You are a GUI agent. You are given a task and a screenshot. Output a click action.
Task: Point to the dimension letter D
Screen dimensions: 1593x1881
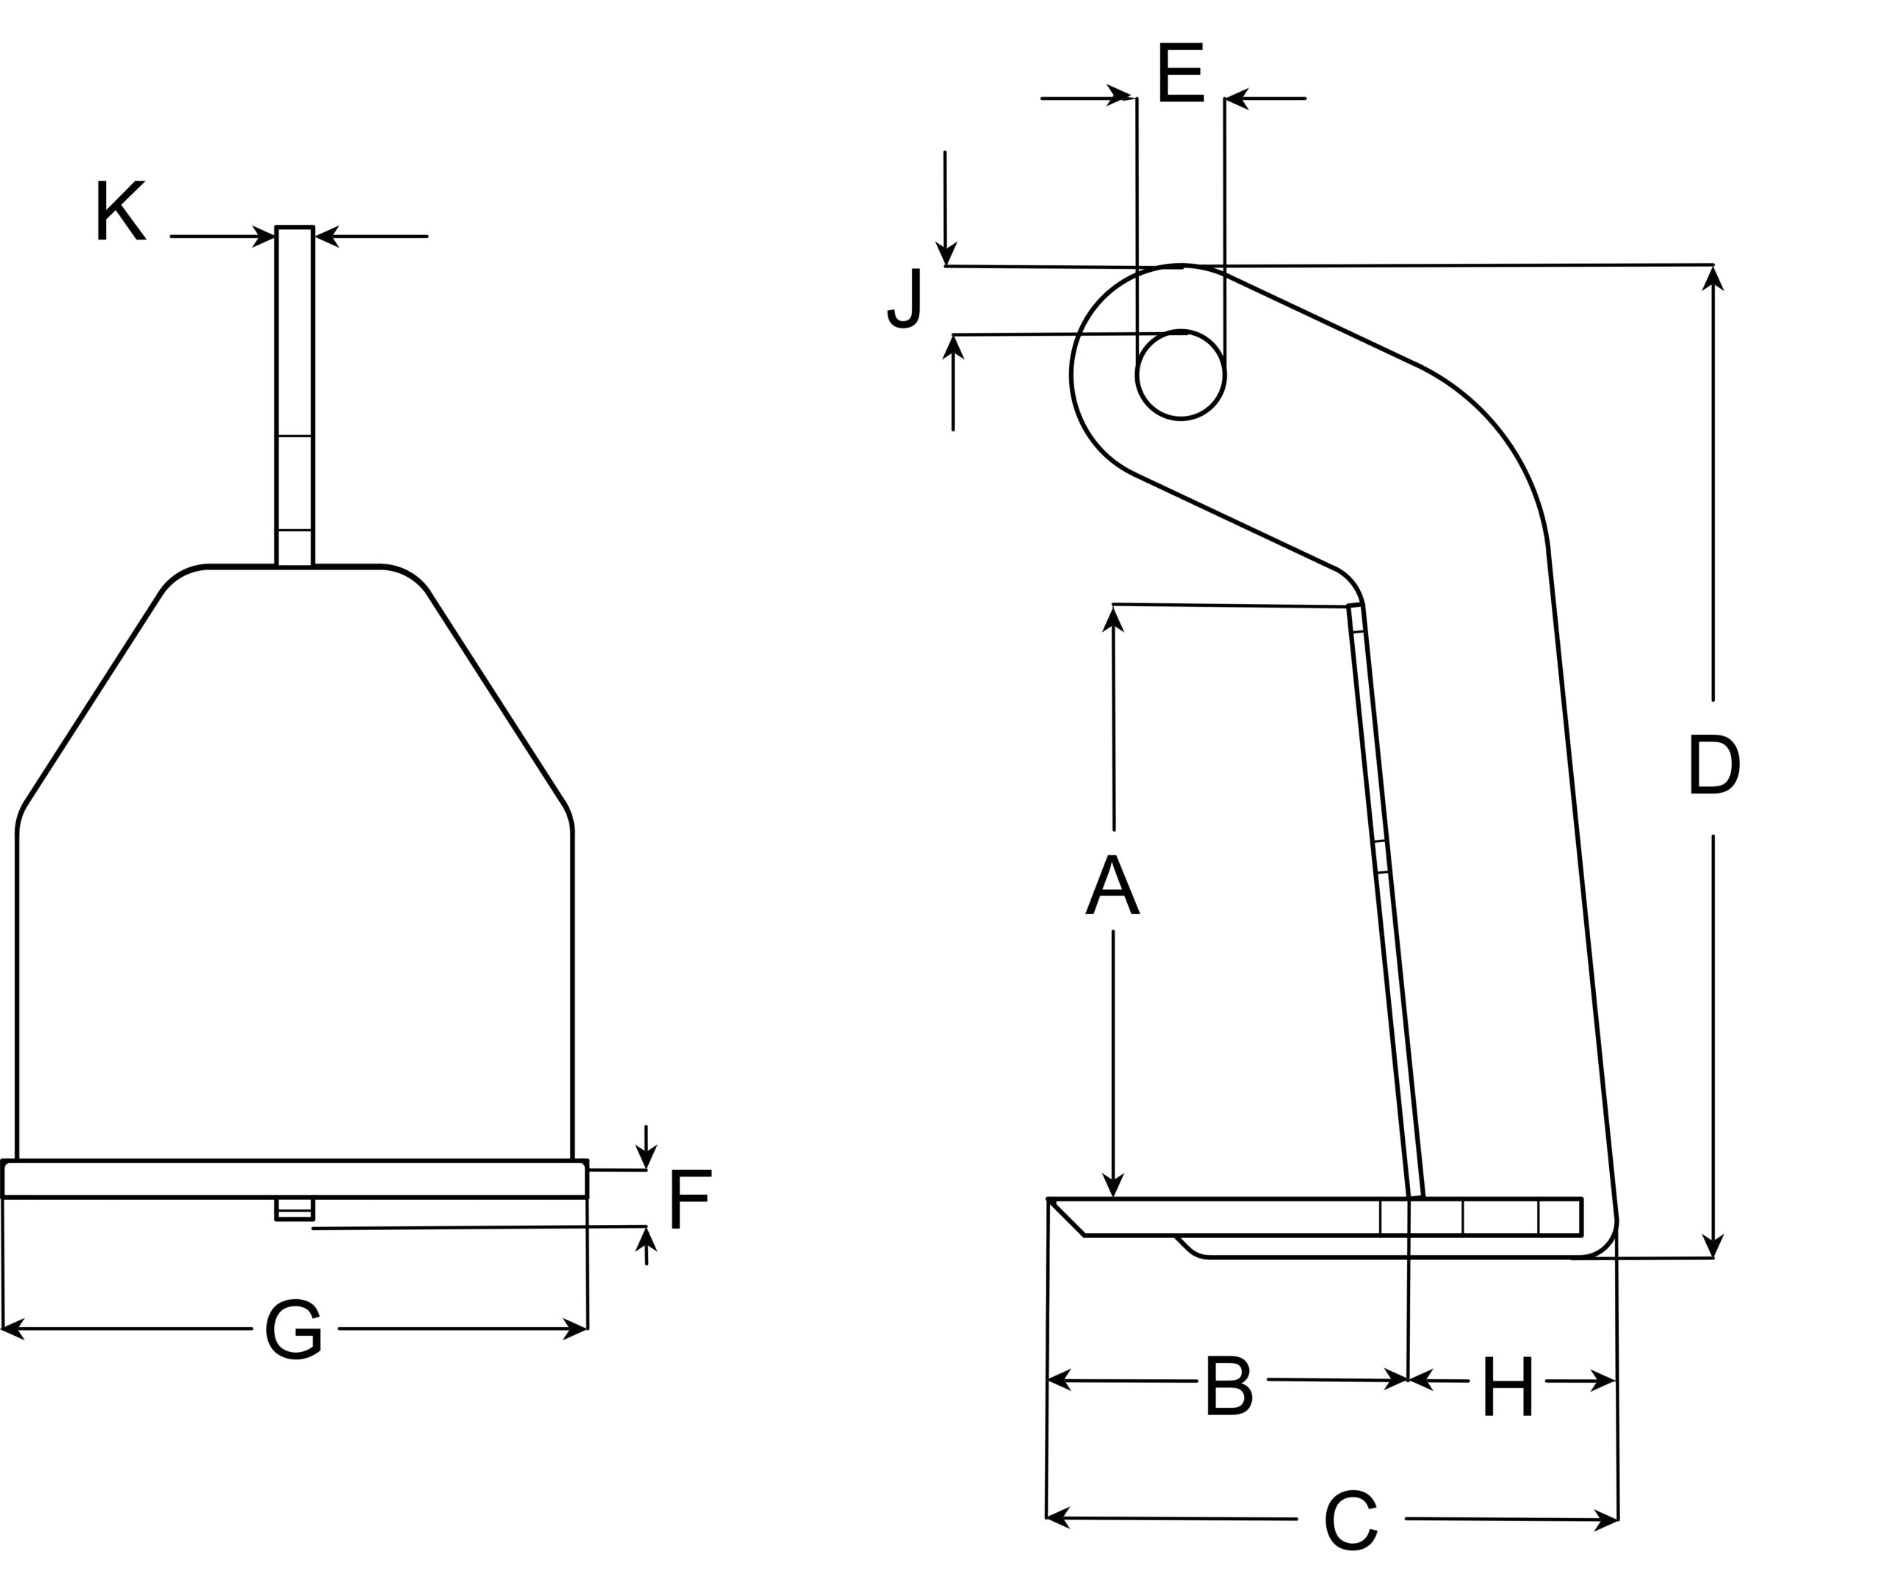pyautogui.click(x=1713, y=765)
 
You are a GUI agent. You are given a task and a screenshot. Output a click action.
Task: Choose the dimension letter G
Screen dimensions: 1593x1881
pyautogui.click(x=292, y=1329)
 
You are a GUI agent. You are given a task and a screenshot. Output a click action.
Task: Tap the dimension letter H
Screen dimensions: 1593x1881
pyautogui.click(x=1507, y=1387)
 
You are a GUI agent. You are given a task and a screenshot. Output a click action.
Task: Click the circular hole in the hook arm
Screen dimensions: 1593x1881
pyautogui.click(x=1180, y=375)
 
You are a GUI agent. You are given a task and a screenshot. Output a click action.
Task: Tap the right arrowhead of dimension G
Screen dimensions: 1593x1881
pyautogui.click(x=575, y=1328)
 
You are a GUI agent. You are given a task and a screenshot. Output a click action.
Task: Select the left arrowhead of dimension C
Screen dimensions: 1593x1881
pyautogui.click(x=1057, y=1518)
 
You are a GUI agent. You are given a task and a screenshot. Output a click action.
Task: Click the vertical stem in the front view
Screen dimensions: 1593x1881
pyautogui.click(x=295, y=398)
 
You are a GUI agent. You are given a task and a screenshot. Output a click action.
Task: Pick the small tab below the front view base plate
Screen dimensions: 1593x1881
pyautogui.click(x=295, y=1208)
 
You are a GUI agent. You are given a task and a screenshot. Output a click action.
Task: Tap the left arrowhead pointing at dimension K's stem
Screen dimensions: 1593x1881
pyautogui.click(x=264, y=237)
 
